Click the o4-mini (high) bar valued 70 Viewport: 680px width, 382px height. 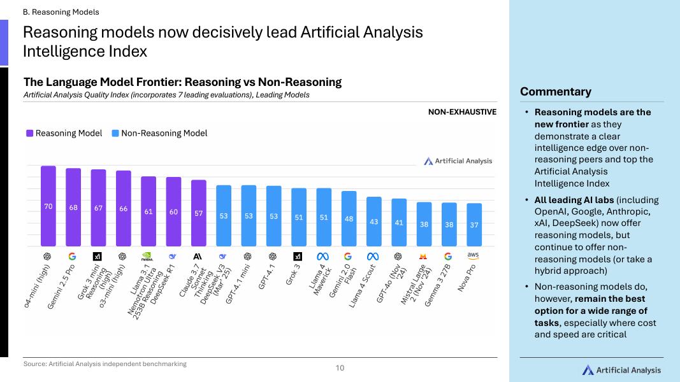tap(48, 206)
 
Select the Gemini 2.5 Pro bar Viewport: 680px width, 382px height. tap(73, 208)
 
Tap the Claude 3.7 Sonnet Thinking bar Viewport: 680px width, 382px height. tap(199, 213)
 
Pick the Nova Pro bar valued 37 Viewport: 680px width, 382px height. tap(474, 225)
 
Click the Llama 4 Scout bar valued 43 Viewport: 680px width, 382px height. tap(373, 222)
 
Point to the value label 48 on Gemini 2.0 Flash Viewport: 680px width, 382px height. tap(349, 219)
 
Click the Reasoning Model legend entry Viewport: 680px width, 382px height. tap(64, 133)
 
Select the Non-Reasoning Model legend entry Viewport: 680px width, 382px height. tap(159, 133)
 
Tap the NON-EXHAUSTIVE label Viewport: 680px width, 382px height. tap(462, 112)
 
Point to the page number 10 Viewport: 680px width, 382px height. tap(340, 367)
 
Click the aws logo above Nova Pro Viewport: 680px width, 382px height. tap(473, 255)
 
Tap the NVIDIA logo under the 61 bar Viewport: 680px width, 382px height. tap(147, 257)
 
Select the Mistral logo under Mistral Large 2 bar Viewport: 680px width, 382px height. tap(423, 257)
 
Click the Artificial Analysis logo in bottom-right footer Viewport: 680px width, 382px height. tap(621, 370)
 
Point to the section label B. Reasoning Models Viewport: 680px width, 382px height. tap(61, 11)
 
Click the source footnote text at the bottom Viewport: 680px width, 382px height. tap(105, 364)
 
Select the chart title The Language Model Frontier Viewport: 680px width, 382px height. tap(182, 82)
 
